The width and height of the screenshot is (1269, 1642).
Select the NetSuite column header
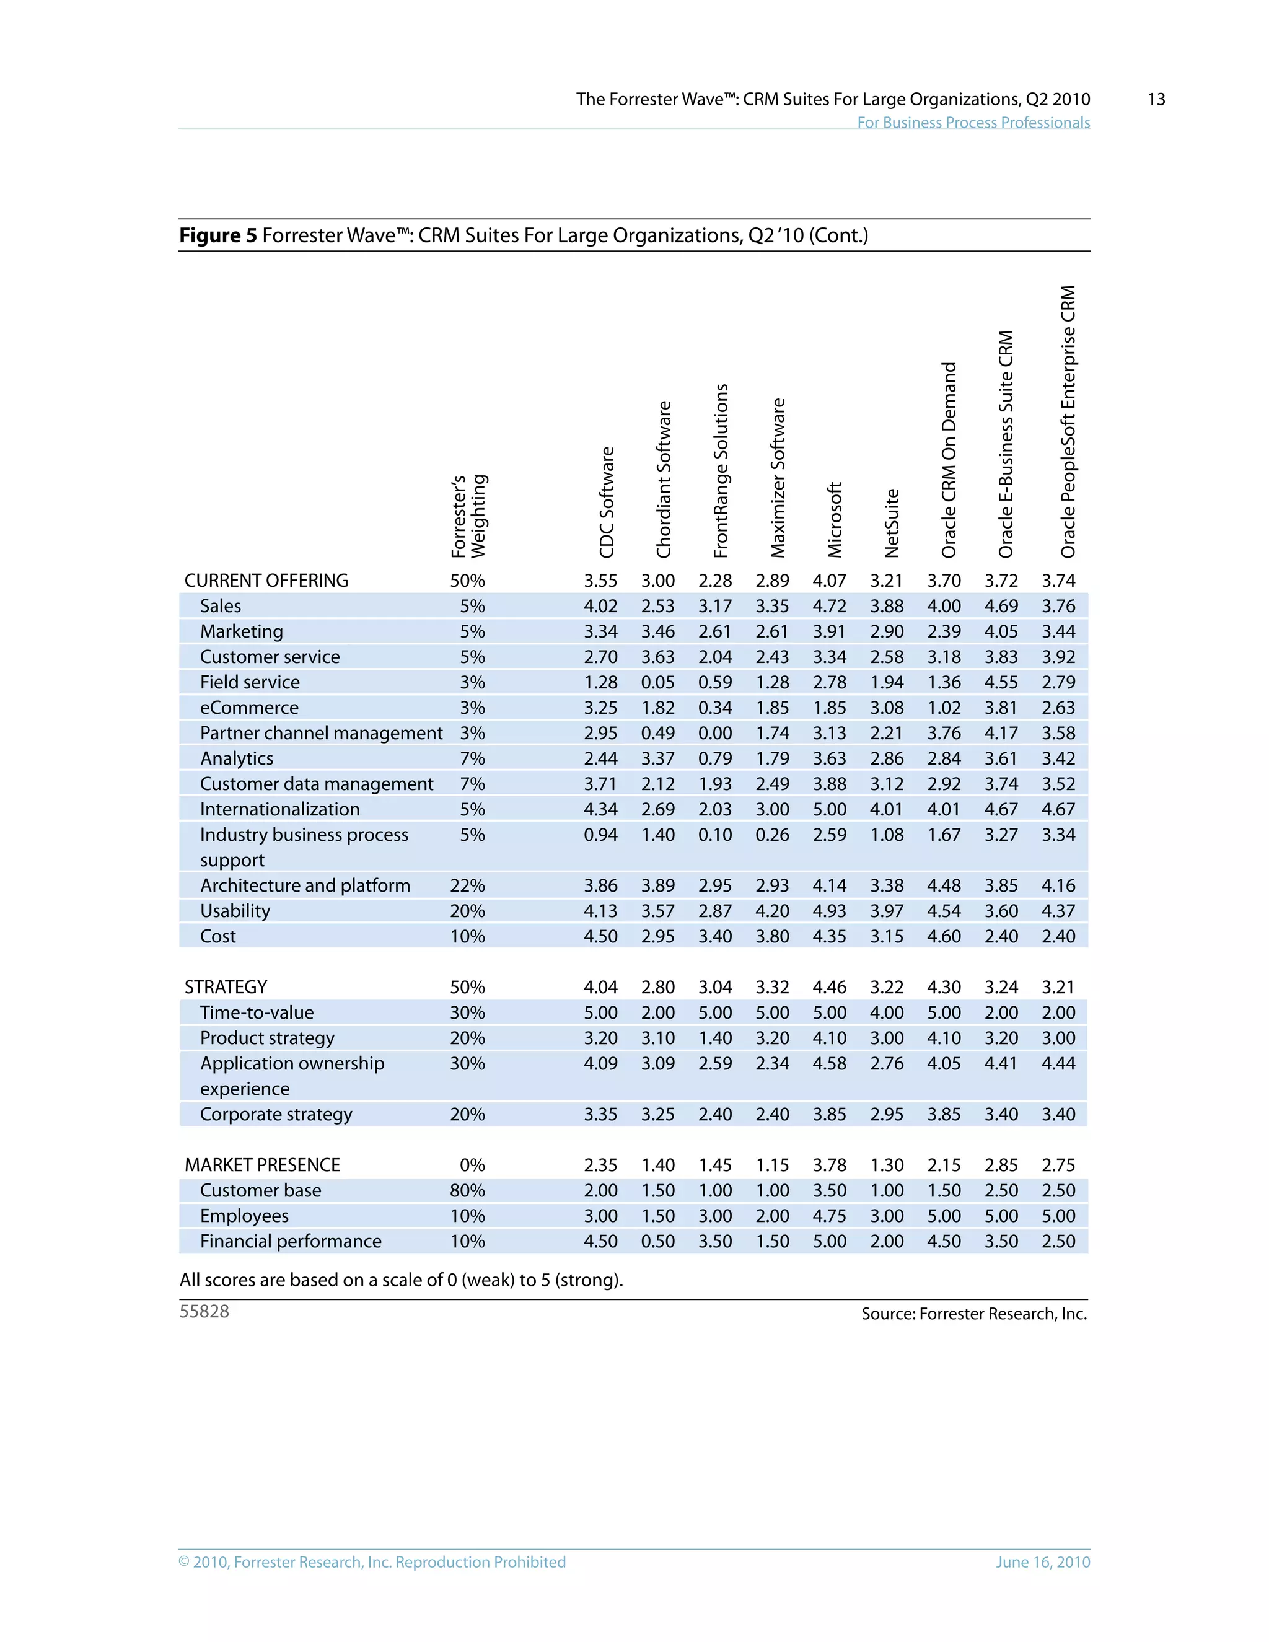[x=892, y=524]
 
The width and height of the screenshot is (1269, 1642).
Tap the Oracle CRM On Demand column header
[x=949, y=460]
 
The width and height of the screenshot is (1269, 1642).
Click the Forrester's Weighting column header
[x=468, y=517]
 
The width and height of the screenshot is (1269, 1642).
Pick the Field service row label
[x=250, y=682]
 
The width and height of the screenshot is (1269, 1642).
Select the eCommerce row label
[x=249, y=708]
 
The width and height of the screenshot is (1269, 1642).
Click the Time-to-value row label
[x=257, y=1012]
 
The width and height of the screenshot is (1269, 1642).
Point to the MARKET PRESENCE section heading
[x=262, y=1165]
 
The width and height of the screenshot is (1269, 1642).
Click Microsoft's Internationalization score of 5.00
[x=829, y=809]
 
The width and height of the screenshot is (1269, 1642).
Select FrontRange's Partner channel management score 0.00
[x=715, y=733]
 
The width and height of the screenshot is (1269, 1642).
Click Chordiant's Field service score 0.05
[x=658, y=682]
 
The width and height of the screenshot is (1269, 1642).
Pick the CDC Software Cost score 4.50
[x=600, y=936]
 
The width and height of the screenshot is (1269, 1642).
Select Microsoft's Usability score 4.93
[x=829, y=911]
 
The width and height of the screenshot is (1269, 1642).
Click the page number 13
[x=1156, y=99]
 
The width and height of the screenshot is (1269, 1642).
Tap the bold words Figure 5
[x=218, y=235]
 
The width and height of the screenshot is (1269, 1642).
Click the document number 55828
[x=204, y=1311]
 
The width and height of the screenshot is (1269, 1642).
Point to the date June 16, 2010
[x=1043, y=1562]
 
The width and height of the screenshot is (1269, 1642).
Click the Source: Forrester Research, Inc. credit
[x=973, y=1314]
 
